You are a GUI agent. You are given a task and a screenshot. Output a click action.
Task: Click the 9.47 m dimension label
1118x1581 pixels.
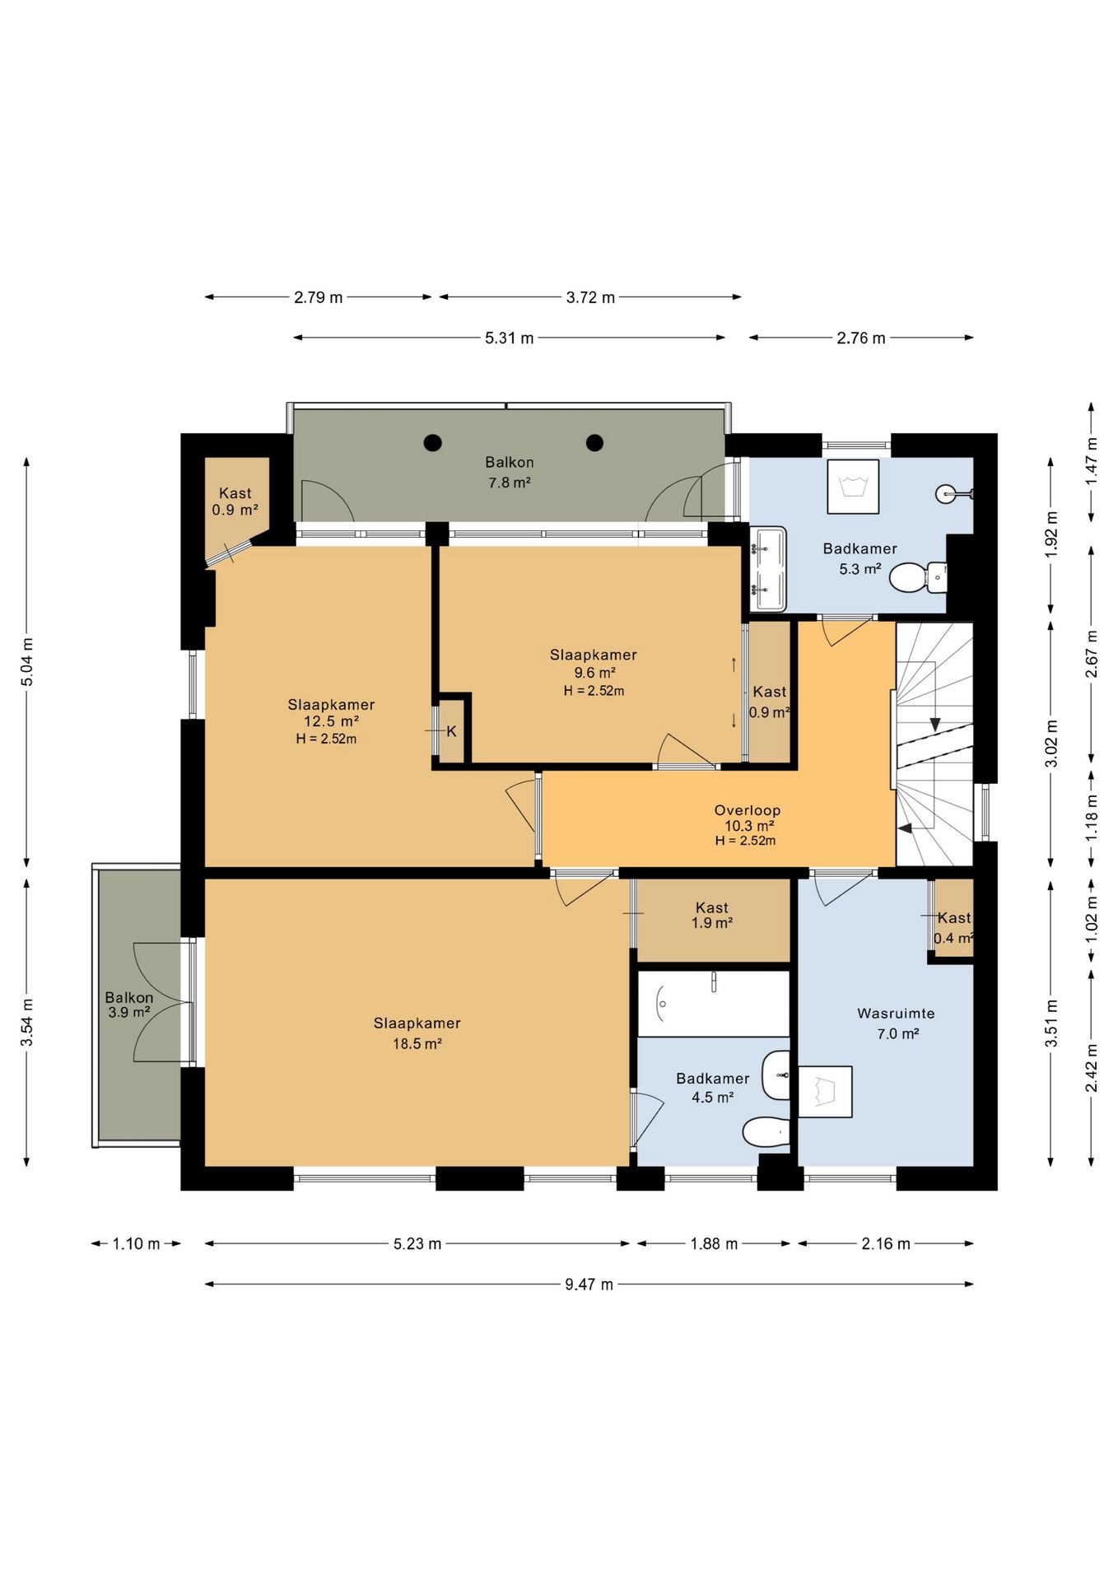[589, 1284]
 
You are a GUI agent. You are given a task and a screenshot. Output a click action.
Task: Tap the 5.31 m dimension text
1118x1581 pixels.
[509, 338]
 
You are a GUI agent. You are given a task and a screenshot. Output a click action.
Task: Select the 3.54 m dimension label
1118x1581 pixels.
[27, 1022]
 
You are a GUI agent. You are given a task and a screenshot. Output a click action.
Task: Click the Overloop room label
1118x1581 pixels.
[747, 810]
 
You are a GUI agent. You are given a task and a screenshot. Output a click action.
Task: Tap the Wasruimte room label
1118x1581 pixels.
[896, 1014]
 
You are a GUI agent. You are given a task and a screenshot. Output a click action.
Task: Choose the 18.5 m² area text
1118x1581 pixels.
[417, 1044]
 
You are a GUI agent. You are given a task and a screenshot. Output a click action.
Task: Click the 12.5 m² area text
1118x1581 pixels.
[331, 721]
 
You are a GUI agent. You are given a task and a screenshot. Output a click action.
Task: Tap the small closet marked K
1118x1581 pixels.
[452, 731]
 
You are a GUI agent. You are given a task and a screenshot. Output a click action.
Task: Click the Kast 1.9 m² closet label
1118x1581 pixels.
[712, 915]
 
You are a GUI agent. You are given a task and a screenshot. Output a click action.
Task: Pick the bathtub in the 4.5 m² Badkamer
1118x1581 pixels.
[714, 1004]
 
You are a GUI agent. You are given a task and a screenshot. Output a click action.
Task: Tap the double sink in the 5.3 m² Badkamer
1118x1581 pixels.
[768, 569]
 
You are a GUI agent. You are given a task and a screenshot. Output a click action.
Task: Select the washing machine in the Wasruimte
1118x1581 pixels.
[825, 1092]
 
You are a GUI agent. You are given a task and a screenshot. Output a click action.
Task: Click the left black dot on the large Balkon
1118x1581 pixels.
[432, 443]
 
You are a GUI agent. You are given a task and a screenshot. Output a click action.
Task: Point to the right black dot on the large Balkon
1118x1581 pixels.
[594, 443]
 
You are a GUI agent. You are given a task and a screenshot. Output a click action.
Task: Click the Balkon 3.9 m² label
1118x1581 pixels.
[129, 1005]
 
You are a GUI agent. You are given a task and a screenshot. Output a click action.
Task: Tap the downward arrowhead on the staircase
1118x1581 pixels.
[935, 725]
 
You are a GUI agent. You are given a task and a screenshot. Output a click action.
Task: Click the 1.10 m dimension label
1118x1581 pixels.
[136, 1243]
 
